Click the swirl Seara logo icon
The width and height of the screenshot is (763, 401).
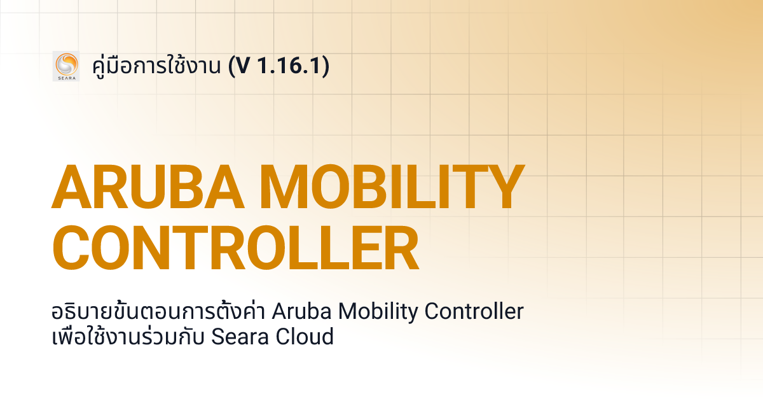click(65, 64)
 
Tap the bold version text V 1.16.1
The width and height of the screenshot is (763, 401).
click(282, 66)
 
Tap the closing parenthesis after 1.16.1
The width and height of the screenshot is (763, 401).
click(325, 66)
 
